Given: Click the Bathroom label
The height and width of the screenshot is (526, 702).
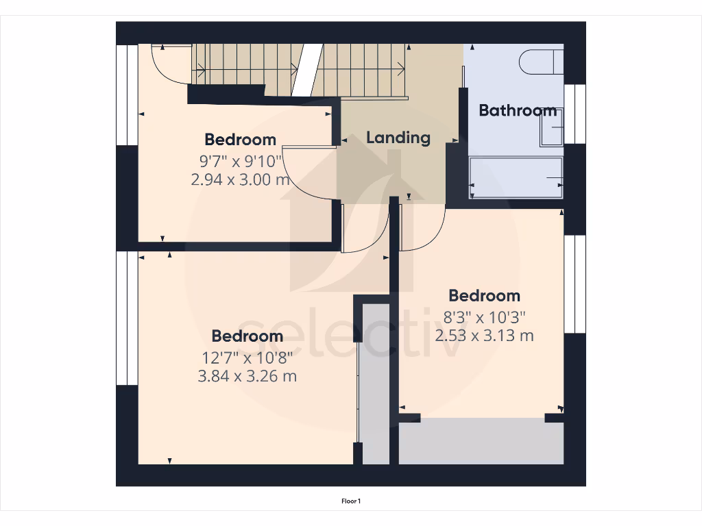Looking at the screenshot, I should coord(517,110).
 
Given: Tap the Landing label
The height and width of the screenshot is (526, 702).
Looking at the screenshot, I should coord(398,138).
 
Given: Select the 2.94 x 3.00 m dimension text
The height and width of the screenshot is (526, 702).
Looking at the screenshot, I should coord(240,179).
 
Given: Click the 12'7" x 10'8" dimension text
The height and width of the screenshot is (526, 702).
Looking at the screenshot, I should coord(247,358).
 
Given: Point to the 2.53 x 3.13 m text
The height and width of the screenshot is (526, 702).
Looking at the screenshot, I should coord(485,336).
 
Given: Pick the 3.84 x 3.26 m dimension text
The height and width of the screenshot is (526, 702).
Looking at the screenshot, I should coord(247,376).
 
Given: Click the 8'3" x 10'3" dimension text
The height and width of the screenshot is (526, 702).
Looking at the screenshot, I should coord(485,318).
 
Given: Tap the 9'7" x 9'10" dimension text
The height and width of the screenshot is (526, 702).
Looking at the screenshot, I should coord(240,162).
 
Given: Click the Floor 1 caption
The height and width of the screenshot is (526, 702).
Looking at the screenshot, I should coord(351,501).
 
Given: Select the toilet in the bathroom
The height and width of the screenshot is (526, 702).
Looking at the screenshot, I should coord(542,62).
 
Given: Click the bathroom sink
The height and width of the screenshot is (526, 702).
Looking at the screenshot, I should coord(552,127).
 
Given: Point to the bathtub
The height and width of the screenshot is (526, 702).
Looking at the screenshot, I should coord(516,178).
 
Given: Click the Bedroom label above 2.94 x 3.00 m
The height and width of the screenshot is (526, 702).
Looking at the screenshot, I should coord(240,140).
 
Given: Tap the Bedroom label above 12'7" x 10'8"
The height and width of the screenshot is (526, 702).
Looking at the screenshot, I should coord(247,336).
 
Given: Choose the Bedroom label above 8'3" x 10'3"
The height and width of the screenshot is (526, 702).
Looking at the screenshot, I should coord(485,296).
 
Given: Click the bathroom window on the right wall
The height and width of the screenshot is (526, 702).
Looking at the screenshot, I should coord(575,114).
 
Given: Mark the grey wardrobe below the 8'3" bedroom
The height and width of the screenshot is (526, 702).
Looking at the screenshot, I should coord(481,441).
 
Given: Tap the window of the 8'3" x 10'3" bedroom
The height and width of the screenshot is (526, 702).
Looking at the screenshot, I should coord(575,284).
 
